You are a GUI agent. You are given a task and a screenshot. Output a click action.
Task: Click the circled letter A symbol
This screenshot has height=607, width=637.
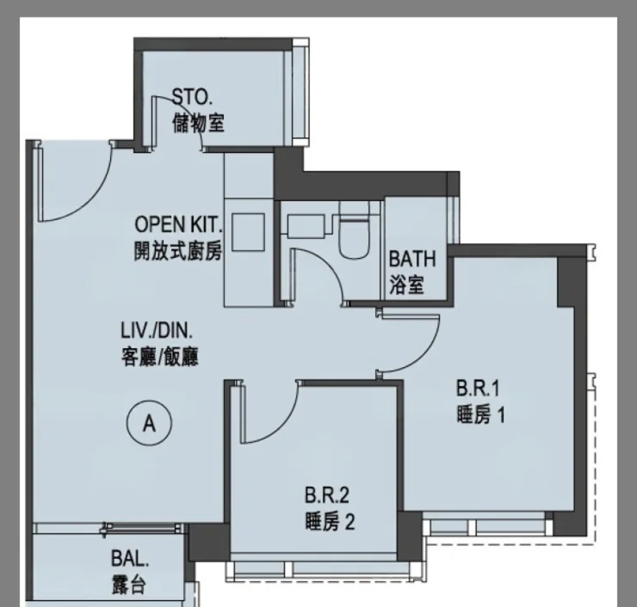coord(149,423)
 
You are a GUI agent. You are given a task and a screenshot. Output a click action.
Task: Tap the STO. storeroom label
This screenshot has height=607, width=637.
coord(192,97)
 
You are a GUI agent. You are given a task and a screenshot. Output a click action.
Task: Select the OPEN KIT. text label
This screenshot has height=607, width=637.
coord(179,224)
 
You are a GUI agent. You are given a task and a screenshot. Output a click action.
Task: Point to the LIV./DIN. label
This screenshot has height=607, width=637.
coord(157,331)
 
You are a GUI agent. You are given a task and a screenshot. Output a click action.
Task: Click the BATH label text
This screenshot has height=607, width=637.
coord(412,259)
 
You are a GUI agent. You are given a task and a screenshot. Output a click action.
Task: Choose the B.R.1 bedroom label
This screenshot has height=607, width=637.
coord(478,389)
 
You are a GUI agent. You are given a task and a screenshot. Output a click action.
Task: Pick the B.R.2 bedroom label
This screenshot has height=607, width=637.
coord(326,495)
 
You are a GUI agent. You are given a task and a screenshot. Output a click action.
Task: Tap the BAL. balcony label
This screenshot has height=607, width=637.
coord(130,559)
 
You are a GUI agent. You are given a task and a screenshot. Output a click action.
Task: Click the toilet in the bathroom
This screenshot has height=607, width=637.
coord(354,230)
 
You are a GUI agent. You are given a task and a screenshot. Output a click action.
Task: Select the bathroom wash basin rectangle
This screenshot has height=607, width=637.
coord(306,227)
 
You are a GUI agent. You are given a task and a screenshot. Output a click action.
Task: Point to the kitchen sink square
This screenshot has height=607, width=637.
coord(248,232)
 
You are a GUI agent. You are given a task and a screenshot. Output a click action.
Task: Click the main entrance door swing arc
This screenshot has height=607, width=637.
coord(90,195)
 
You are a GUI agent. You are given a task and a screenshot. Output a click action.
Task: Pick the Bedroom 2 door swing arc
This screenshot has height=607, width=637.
coord(281,426)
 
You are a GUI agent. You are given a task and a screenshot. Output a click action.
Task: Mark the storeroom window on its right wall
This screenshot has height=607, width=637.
coord(300,92)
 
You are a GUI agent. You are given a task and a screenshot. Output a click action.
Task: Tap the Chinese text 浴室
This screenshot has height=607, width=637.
coord(406,285)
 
